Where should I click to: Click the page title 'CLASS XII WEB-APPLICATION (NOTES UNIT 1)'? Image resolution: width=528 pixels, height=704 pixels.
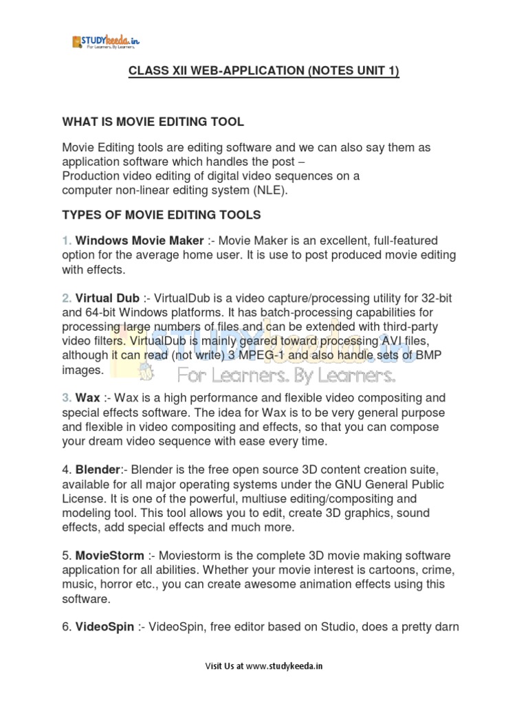tap(263, 72)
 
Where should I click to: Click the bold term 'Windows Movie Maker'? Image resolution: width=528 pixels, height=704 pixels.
tap(140, 241)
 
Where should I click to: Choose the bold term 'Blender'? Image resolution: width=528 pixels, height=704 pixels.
tap(98, 470)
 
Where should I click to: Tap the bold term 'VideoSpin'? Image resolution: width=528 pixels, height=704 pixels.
tap(104, 626)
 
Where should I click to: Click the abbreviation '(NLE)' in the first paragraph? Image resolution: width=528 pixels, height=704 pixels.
tap(272, 190)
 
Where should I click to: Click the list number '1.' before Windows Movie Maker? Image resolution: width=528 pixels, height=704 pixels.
tap(67, 241)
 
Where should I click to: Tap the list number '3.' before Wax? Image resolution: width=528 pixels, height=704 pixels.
tap(67, 398)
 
